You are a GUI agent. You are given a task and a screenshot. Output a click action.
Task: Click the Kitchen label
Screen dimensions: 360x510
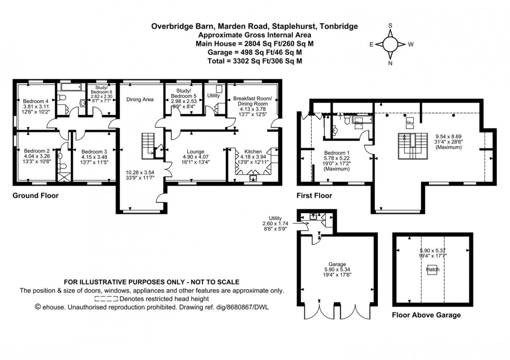[252, 149]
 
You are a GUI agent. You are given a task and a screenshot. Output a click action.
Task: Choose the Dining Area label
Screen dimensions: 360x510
[140, 99]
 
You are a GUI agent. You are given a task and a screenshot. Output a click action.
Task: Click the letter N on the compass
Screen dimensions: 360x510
[390, 63]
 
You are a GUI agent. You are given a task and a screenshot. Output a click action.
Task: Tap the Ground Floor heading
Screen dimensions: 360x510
[35, 196]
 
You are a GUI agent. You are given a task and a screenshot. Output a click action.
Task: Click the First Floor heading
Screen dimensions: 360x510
[314, 196]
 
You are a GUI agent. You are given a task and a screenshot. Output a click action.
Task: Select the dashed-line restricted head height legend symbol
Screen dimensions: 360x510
[107, 299]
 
